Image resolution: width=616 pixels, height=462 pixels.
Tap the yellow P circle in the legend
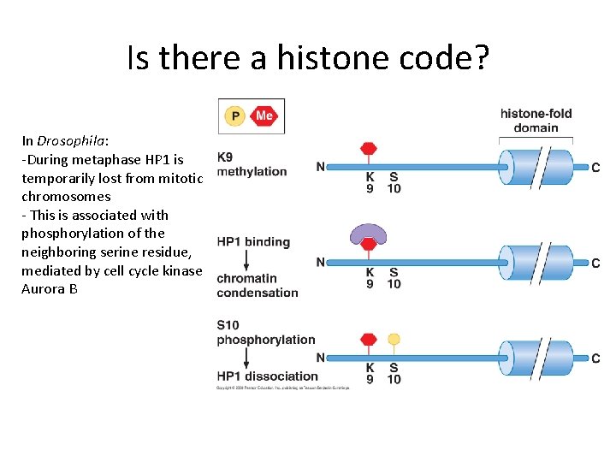coord(234,115)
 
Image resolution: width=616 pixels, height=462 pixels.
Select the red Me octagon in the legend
coord(264,115)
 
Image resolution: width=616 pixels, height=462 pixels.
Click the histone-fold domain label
coord(536,121)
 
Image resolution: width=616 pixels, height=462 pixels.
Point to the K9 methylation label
coord(252,164)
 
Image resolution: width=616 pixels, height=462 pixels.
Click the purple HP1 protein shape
coord(370,233)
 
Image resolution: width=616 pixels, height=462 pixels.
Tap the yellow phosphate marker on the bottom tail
coord(394,339)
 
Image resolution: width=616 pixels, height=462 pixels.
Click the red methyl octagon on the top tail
coord(370,149)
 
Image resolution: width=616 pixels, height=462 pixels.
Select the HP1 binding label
coord(253,242)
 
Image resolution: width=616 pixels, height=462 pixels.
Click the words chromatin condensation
coord(258,285)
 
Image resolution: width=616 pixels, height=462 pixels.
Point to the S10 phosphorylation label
coord(265,332)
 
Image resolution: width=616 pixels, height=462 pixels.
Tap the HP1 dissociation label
coord(267,376)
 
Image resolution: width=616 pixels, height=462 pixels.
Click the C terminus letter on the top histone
coord(595,167)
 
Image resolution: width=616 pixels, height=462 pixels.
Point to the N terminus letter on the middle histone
coord(320,262)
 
